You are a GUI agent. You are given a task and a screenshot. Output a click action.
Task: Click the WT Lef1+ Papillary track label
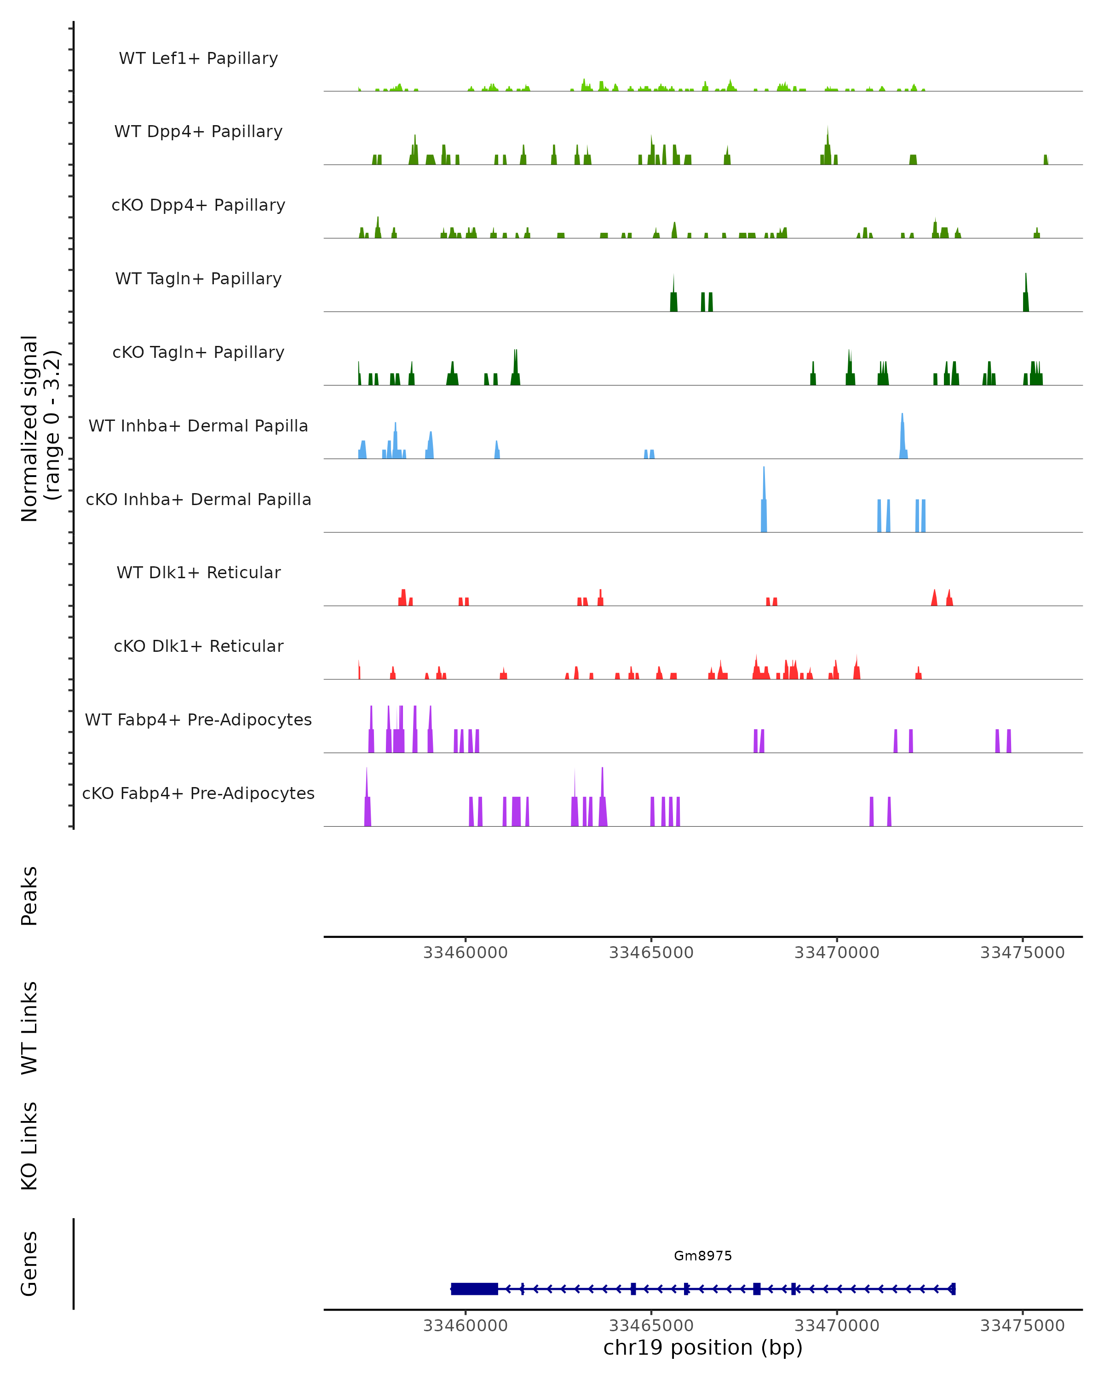[x=198, y=58]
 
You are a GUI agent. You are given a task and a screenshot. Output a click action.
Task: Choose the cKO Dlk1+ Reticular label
[x=198, y=646]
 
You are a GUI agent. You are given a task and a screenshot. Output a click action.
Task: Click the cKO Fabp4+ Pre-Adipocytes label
[x=198, y=793]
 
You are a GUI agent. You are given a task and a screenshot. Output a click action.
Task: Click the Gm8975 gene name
[x=703, y=1255]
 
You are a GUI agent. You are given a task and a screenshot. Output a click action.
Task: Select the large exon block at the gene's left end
[x=474, y=1288]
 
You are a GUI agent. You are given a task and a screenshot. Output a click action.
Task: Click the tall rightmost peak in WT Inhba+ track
[x=903, y=435]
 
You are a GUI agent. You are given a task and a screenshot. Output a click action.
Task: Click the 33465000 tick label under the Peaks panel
[x=651, y=953]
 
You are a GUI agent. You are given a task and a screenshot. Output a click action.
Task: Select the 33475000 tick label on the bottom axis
[x=1022, y=1326]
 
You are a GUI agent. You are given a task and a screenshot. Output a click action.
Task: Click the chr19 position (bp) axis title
[x=703, y=1347]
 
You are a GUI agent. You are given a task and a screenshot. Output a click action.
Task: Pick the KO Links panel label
[x=29, y=1146]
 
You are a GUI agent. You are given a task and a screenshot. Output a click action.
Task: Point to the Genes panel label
[x=29, y=1264]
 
